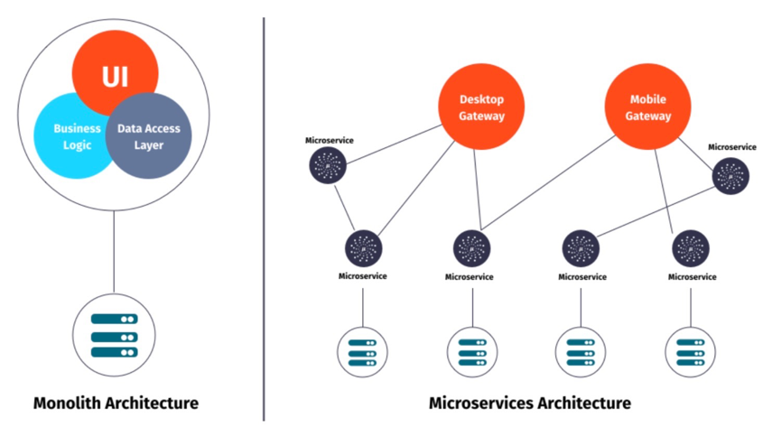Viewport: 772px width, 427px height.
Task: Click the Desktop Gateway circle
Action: [x=481, y=107]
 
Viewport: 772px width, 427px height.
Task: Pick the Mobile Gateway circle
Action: [x=649, y=107]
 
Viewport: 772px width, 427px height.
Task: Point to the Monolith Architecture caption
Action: [x=116, y=403]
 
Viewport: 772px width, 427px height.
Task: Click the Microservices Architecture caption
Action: [x=529, y=403]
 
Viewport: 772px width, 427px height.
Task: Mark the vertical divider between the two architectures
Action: [x=264, y=217]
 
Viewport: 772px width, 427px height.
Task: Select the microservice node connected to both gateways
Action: [x=471, y=246]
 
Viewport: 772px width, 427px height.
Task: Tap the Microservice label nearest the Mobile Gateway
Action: [x=732, y=146]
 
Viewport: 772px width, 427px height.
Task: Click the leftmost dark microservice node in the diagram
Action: [x=327, y=166]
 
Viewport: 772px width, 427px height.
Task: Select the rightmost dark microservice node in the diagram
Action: [x=730, y=175]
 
